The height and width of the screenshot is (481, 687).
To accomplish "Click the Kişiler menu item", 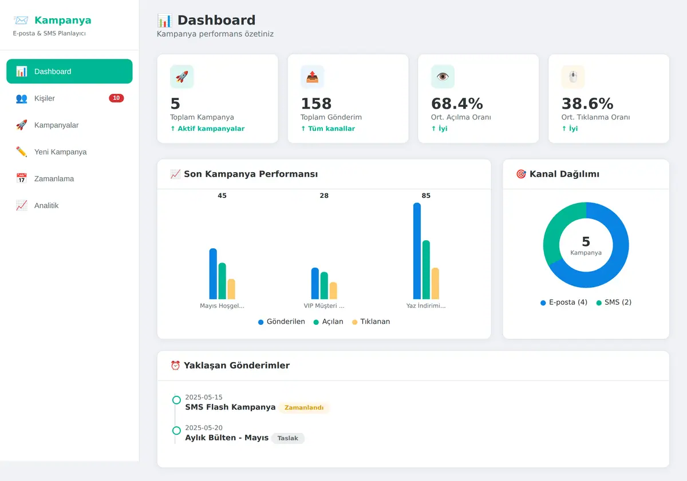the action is pos(69,98).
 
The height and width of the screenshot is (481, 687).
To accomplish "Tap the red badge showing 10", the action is pos(116,98).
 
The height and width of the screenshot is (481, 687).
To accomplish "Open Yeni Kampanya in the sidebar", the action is pos(69,152).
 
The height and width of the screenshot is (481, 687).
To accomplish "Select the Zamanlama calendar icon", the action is pos(22,178).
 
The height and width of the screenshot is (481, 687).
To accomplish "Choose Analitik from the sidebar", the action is pos(69,205).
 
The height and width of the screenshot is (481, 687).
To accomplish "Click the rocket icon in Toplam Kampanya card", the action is pos(182,77).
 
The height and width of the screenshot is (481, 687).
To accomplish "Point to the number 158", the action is pos(316,104).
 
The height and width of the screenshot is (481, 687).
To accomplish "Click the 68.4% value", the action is pos(457,104).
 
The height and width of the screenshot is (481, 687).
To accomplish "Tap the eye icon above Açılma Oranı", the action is pos(443,77).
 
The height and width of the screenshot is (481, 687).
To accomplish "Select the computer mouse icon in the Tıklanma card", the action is pos(573,77).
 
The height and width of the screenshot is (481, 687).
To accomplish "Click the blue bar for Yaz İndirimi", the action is pos(417,251).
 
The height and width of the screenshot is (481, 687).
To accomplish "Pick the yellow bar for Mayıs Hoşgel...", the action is pos(231,289).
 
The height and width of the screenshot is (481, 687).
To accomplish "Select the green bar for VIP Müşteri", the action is pos(324,285).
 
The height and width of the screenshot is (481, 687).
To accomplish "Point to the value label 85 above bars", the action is pos(426,196).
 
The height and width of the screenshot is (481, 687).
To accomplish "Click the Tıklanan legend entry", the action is pos(371,321).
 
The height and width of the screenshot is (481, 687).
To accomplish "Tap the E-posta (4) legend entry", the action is pos(564,303).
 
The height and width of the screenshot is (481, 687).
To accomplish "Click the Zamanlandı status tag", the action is pos(304,407).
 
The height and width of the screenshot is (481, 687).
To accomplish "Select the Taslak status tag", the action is pos(287,438).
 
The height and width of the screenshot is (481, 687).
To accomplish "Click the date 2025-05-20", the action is pos(204,428).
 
